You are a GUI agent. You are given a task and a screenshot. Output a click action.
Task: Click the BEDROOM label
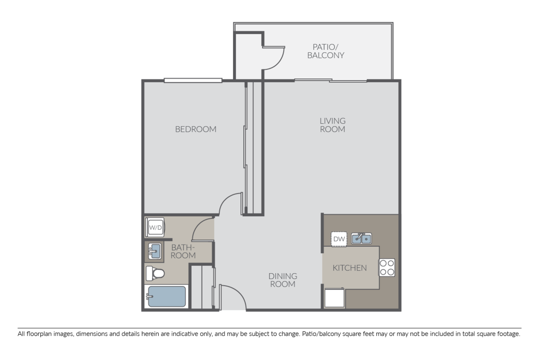[196, 129]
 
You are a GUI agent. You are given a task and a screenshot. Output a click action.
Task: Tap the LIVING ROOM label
[333, 125]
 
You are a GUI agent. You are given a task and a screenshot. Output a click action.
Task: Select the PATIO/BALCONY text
[325, 51]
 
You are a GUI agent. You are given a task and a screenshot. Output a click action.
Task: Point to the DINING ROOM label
[283, 280]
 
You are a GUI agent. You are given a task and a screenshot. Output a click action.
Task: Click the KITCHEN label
[350, 268]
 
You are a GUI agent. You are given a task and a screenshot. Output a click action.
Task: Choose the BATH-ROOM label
[183, 252]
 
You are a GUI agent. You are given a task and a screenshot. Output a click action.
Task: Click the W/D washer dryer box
[155, 227]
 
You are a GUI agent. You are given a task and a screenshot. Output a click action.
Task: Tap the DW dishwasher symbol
[339, 239]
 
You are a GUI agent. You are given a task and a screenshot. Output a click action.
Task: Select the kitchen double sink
[361, 238]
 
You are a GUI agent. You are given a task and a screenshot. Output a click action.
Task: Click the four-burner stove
[387, 267]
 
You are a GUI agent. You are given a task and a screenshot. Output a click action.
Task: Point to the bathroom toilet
[155, 273]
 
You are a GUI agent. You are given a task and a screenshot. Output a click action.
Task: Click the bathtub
[166, 297]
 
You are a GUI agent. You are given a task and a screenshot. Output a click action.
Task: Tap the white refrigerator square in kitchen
[334, 298]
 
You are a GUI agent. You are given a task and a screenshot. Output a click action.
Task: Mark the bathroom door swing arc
[202, 229]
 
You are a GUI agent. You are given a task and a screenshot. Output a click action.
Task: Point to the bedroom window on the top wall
[193, 80]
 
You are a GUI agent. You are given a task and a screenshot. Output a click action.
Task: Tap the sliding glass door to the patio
[331, 81]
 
